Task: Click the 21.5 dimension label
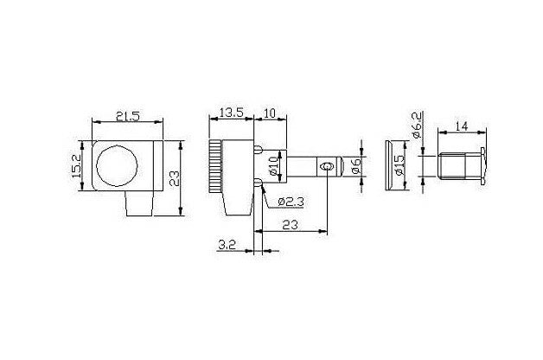[x=127, y=117]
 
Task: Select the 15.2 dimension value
[x=76, y=166]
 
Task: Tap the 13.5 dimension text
[x=232, y=112]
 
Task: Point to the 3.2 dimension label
[x=227, y=245]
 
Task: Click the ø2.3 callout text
[x=291, y=202]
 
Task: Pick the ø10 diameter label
[x=273, y=165]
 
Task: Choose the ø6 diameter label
[x=356, y=166]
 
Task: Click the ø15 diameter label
[x=399, y=165]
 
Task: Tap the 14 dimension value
[x=461, y=126]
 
